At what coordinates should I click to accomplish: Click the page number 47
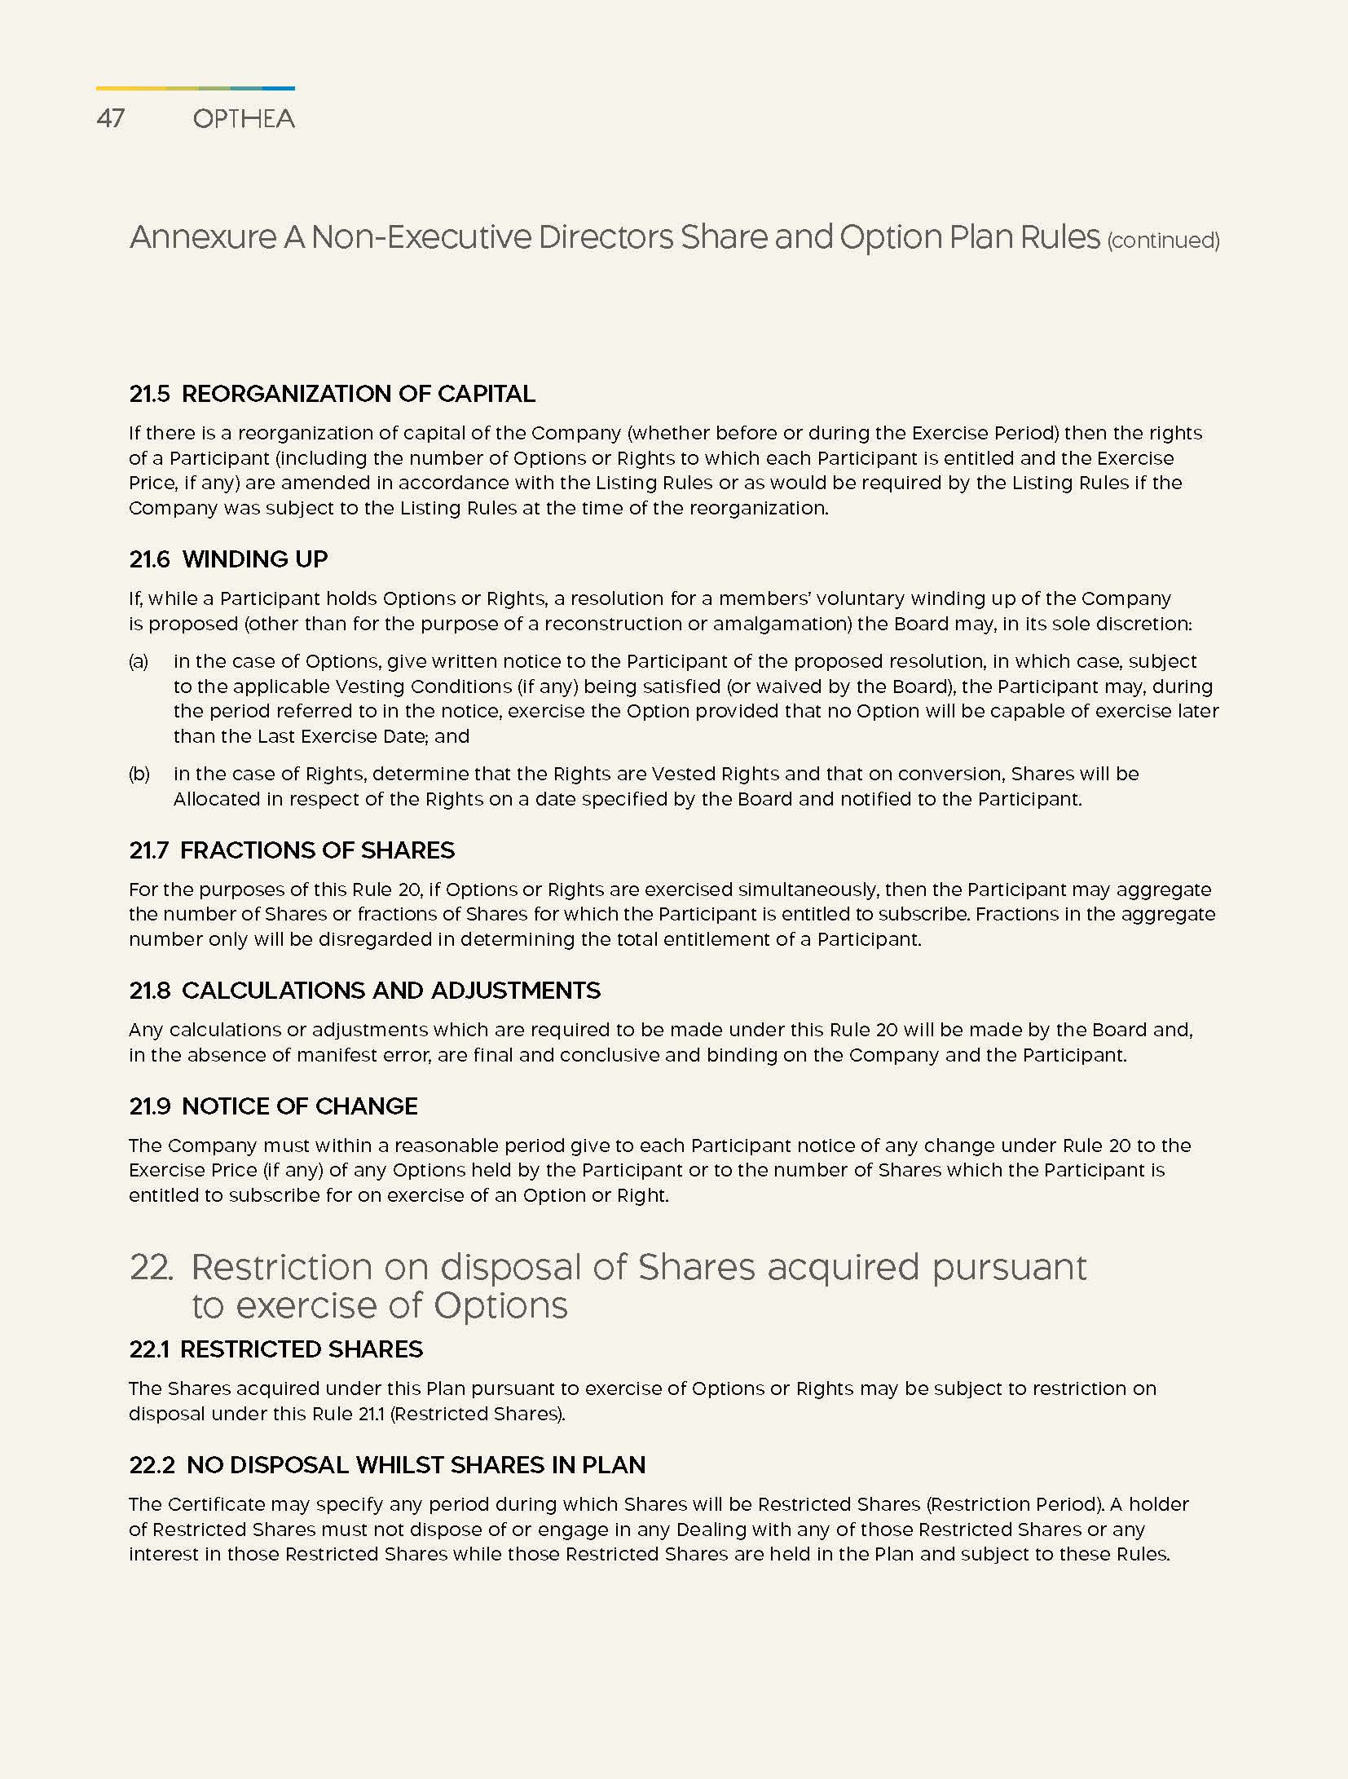[110, 119]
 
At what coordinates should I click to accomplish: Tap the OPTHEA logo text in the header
[244, 119]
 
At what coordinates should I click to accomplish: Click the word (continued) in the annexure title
[1163, 241]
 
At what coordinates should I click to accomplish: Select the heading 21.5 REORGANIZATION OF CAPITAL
[332, 394]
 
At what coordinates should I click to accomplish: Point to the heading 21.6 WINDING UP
[228, 559]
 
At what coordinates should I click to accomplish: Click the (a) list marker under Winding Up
[139, 661]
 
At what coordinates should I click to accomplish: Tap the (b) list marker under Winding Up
[139, 774]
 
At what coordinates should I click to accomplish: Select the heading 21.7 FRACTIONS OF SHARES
[292, 850]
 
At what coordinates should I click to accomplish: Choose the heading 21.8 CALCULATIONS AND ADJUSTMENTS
[364, 991]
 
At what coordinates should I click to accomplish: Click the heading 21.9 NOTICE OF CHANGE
[273, 1106]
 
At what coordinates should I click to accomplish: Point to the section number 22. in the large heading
[152, 1267]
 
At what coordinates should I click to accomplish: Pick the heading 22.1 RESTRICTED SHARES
[275, 1349]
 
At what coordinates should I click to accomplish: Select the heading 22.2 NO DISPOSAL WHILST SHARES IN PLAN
[387, 1465]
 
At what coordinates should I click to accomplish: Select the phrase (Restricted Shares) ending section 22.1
[477, 1414]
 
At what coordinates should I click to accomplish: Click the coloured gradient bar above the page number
[195, 88]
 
